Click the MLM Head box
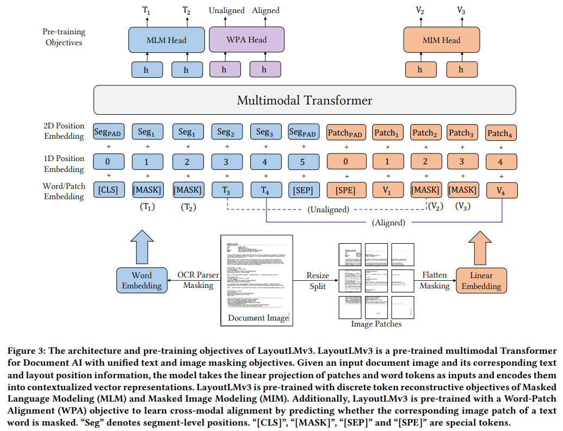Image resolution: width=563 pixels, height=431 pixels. pyautogui.click(x=166, y=40)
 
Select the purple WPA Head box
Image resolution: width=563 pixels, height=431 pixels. pyautogui.click(x=246, y=40)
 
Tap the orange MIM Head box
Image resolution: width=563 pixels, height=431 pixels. pyautogui.click(x=441, y=40)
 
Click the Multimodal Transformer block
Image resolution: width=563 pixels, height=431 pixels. pyautogui.click(x=305, y=100)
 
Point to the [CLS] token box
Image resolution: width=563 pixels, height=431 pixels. pyautogui.click(x=108, y=190)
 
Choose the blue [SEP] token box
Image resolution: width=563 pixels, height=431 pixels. pyautogui.click(x=303, y=190)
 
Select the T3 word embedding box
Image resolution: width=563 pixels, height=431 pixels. pyautogui.click(x=225, y=190)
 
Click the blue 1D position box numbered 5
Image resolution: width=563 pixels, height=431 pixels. pyautogui.click(x=303, y=162)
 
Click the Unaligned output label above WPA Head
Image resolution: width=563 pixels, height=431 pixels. pyautogui.click(x=226, y=10)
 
